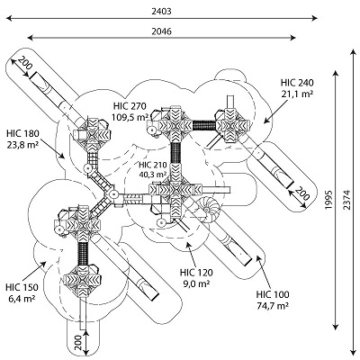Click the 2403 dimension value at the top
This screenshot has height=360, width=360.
pos(161,12)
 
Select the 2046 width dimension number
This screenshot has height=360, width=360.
pos(161,31)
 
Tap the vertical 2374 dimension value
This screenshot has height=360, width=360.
pos(347,200)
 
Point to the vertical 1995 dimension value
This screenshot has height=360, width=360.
pos(329,200)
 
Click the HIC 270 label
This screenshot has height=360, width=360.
pos(130,106)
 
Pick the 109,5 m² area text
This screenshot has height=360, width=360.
pos(130,117)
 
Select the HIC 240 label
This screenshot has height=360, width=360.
pos(297,83)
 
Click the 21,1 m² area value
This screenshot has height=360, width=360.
pos(297,94)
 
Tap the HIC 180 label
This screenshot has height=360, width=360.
pos(22,133)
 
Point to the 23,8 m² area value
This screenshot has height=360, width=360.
pos(22,144)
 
